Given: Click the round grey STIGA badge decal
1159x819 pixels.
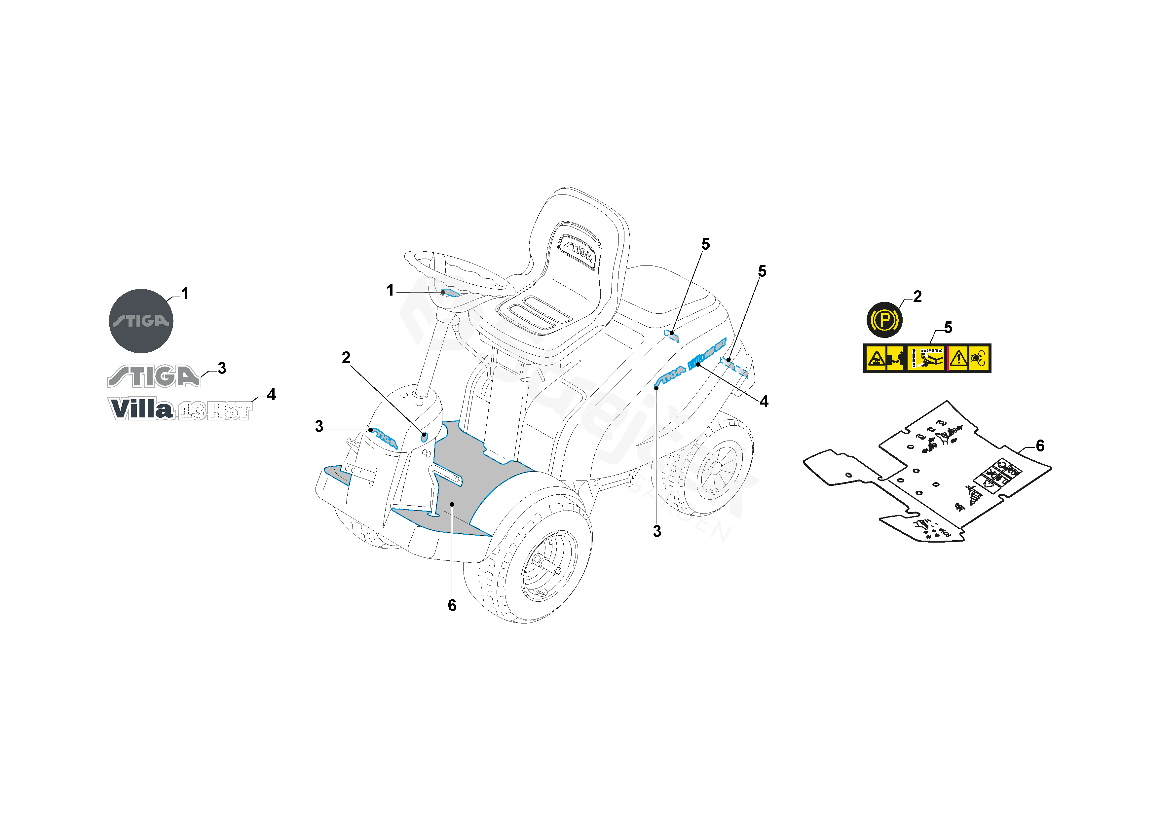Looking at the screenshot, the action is point(141,321).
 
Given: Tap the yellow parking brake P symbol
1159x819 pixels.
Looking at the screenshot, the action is point(884,319).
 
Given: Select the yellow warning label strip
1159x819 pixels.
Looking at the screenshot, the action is point(927,358).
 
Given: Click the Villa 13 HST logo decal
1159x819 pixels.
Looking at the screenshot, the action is point(180,409).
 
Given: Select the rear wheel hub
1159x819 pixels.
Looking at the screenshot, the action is point(716,468).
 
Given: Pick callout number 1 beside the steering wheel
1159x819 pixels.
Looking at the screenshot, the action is point(390,290).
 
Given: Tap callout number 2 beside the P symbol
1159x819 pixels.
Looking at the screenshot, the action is point(917,297).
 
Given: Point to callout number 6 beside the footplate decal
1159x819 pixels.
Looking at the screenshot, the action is point(1040,445).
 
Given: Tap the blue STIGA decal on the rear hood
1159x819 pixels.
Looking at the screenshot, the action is point(670,375).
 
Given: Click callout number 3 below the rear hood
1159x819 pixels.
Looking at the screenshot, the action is point(657,531).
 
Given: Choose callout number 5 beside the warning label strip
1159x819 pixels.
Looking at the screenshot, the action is point(948,328).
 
